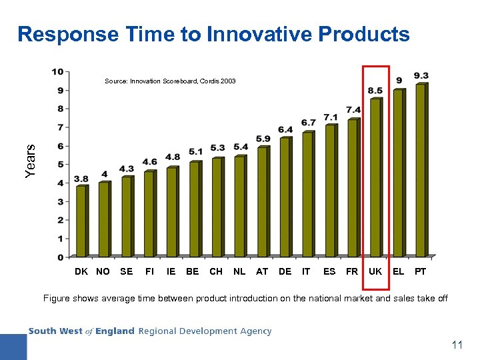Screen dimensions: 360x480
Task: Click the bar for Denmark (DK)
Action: (x=81, y=221)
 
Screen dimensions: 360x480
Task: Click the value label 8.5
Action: (x=375, y=91)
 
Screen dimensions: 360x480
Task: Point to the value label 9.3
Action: (x=421, y=75)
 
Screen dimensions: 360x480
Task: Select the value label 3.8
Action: (x=81, y=179)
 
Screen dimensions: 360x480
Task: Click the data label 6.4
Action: (x=285, y=129)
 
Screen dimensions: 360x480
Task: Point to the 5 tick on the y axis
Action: (x=60, y=164)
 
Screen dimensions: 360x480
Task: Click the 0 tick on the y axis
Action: (x=60, y=257)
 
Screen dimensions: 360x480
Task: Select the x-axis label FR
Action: (x=351, y=272)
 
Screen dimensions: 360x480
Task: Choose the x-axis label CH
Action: (x=216, y=272)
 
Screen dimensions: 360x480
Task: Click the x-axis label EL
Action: (x=398, y=272)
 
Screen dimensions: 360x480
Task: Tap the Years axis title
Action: (x=29, y=161)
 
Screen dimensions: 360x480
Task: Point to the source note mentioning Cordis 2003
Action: (x=170, y=81)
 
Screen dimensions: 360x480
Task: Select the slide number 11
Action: (x=457, y=345)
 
